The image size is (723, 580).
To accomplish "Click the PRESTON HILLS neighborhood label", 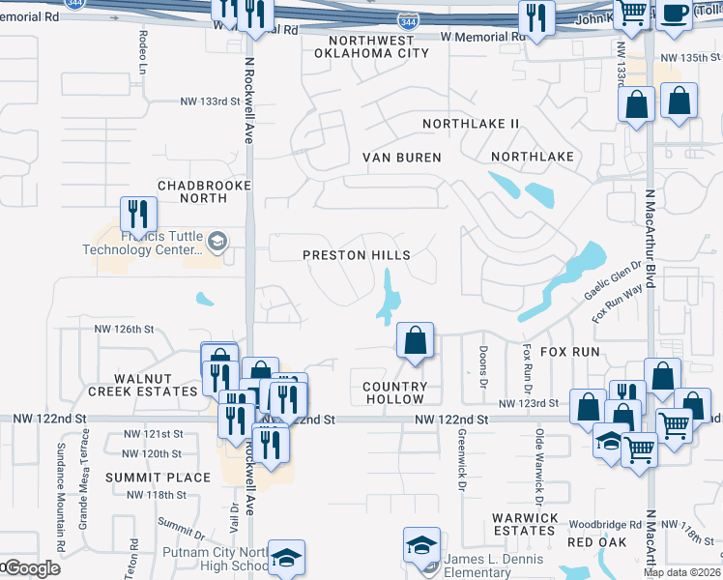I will pos(356,255).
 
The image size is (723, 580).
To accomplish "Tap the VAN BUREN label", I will pos(401,157).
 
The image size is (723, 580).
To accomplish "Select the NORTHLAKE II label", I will pos(471,124).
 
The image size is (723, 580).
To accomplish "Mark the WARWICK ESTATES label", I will pos(523,524).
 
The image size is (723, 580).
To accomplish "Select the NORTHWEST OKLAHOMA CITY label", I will pos(371,46).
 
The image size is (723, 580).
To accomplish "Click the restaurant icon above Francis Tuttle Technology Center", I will pos(137,213).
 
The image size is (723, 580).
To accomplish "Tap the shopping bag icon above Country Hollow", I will pos(415,340).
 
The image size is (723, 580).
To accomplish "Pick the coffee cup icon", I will pos(673,14).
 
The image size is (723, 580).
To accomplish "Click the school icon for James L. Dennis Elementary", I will pos(421,544).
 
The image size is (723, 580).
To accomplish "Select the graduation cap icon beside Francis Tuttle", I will pos(218,242).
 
